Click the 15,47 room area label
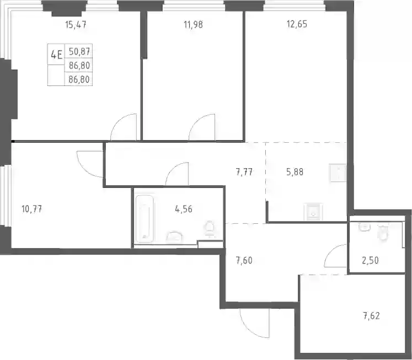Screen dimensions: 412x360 click(76, 25)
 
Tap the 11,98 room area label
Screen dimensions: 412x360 click(194, 25)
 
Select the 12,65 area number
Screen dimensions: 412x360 click(297, 24)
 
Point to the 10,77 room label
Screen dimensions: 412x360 click(32, 209)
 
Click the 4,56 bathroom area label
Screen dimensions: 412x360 click(184, 209)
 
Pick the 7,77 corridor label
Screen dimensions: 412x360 click(244, 172)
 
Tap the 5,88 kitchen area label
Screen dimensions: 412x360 click(295, 172)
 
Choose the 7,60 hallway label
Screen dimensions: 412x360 click(244, 260)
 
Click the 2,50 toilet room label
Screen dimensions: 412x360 click(370, 260)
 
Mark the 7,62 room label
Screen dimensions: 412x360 click(372, 316)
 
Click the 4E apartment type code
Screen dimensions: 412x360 click(56, 55)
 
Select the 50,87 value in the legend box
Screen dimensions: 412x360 click(79, 52)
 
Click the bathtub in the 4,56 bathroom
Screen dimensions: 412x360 click(145, 219)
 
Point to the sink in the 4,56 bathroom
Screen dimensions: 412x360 click(174, 237)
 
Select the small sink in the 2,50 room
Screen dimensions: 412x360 click(364, 227)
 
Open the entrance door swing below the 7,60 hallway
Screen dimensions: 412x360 click(255, 323)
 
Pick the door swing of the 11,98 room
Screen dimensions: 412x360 click(202, 127)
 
